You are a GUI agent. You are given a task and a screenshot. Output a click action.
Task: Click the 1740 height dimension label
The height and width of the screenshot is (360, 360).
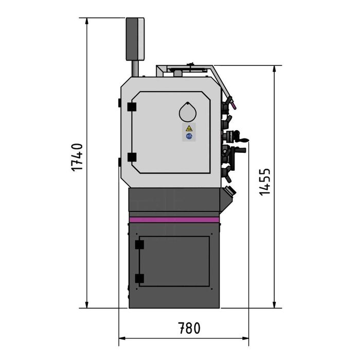77,157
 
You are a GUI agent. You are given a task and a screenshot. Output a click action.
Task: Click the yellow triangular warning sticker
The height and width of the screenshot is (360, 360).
189,129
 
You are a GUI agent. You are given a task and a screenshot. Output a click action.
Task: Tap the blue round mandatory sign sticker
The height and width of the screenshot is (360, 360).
189,137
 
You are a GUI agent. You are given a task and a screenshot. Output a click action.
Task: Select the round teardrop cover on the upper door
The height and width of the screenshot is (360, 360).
188,112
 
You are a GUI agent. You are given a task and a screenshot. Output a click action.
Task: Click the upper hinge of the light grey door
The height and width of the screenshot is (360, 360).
131,106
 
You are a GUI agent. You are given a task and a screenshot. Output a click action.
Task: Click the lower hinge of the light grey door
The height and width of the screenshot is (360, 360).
131,157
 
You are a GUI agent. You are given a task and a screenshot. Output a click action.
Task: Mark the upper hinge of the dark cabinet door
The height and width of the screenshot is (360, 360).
138,245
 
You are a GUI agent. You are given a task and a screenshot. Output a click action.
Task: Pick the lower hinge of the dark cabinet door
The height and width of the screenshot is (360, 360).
138,279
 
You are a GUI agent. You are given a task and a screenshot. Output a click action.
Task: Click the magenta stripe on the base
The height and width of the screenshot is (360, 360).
174,220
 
